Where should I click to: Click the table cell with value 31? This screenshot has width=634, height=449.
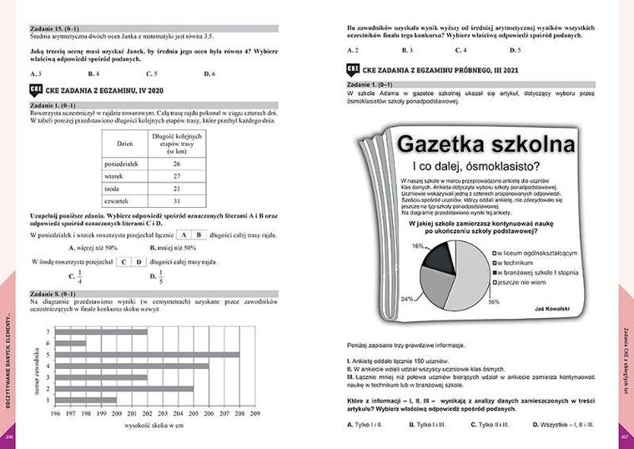point(176,201)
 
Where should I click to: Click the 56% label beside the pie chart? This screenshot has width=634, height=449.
point(493,301)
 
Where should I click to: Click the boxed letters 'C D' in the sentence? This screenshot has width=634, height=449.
point(128,261)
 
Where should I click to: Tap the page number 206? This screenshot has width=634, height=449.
point(10,437)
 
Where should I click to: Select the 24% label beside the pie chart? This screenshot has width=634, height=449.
point(407,298)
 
